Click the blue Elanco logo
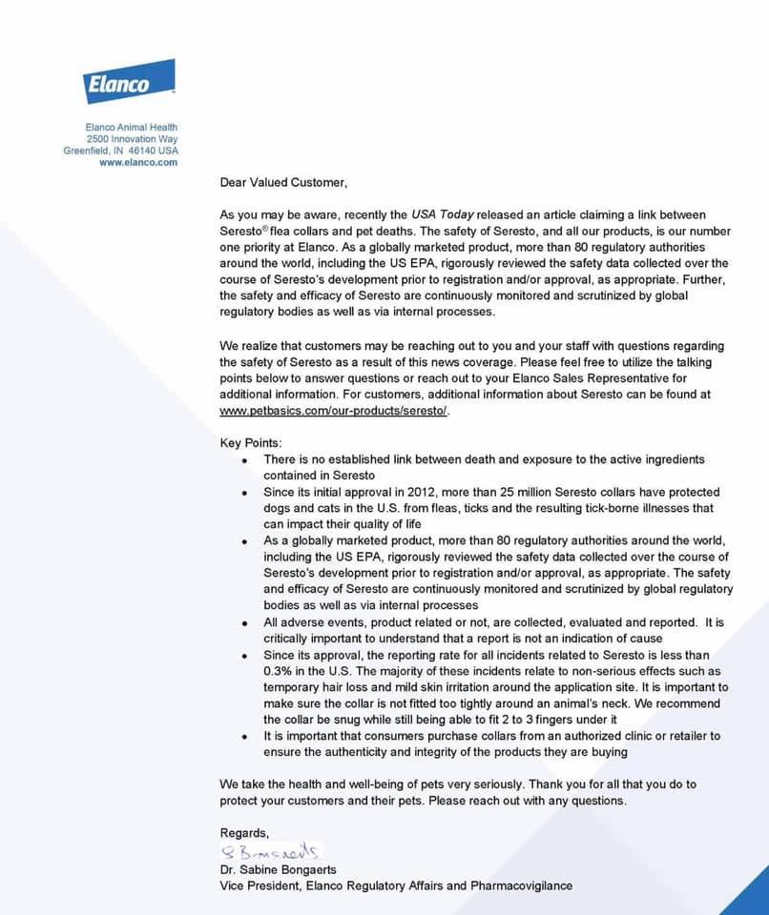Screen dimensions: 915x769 130,82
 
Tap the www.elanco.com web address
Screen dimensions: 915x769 138,162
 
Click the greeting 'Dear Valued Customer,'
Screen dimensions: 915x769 283,182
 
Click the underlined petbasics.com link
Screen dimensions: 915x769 333,411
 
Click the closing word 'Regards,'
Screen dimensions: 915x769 244,833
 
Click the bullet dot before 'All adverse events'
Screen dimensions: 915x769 244,622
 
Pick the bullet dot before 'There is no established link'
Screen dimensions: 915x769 244,460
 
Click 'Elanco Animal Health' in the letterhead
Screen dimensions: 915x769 131,128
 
